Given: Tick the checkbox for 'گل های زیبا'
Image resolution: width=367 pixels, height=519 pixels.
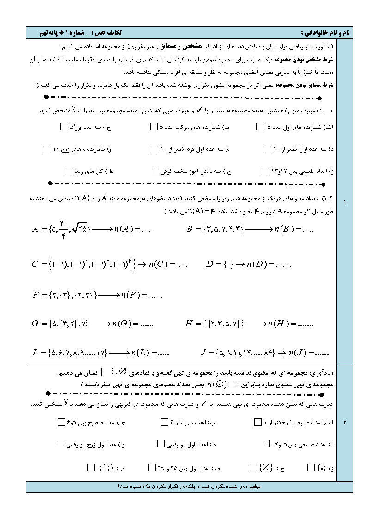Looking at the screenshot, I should [x=69, y=171].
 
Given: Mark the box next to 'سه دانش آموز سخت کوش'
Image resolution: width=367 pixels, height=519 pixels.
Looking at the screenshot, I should [x=155, y=171].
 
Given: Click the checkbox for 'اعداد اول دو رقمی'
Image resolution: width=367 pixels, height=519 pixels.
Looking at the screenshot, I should [x=160, y=444].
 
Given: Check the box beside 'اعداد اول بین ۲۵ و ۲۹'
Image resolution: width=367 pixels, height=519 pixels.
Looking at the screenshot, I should [x=152, y=468].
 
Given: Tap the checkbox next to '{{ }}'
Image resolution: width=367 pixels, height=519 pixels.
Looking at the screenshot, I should [x=91, y=468].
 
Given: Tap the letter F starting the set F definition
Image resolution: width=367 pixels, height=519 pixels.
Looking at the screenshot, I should [x=35, y=294].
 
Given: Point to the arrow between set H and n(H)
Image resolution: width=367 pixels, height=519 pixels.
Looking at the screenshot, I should [x=256, y=324].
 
